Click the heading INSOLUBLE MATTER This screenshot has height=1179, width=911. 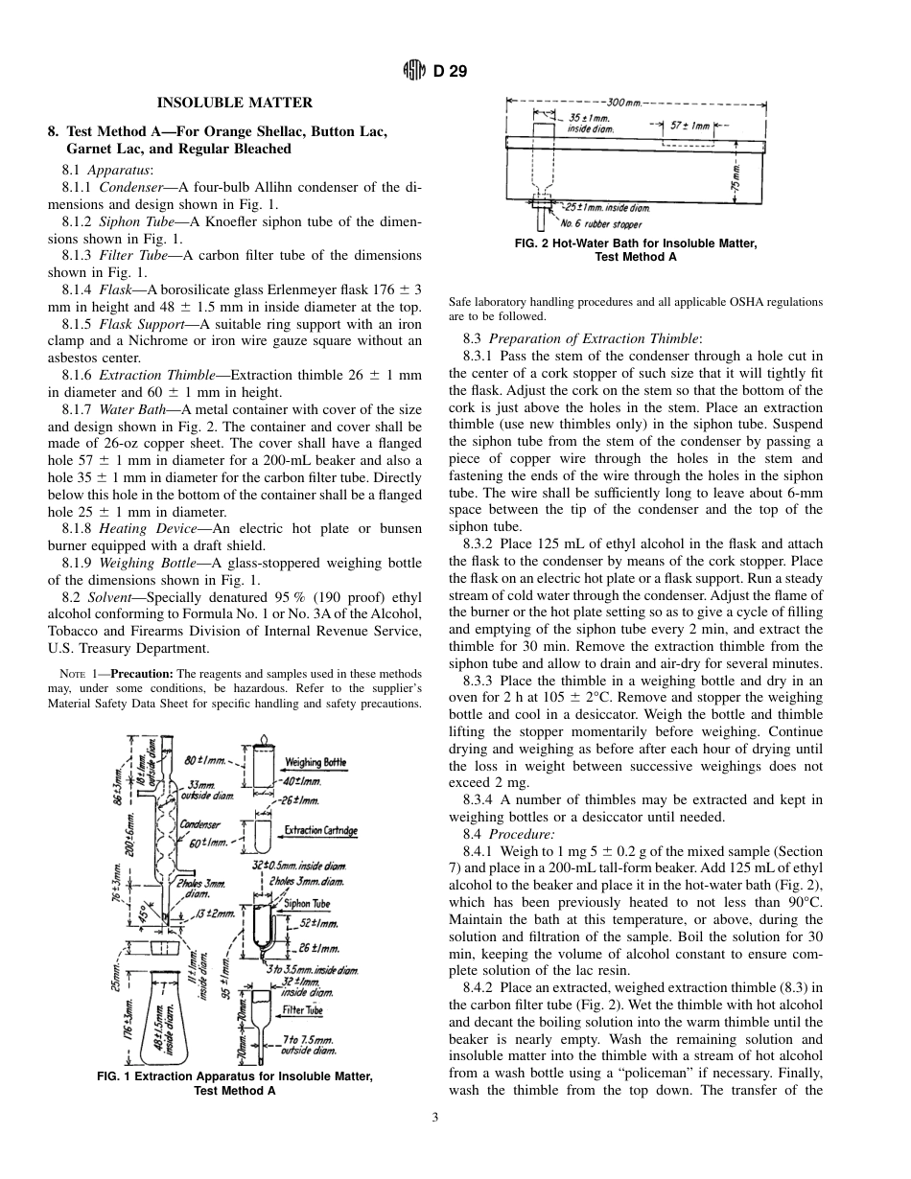pyautogui.click(x=235, y=103)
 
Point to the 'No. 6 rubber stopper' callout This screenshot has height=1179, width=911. pyautogui.click(x=601, y=223)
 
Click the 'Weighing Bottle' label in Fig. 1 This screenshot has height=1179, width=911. pyautogui.click(x=315, y=762)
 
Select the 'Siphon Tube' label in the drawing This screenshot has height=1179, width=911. pyautogui.click(x=307, y=903)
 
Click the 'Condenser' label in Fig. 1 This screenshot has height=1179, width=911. pyautogui.click(x=200, y=823)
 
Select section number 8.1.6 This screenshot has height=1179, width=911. pyautogui.click(x=80, y=374)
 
